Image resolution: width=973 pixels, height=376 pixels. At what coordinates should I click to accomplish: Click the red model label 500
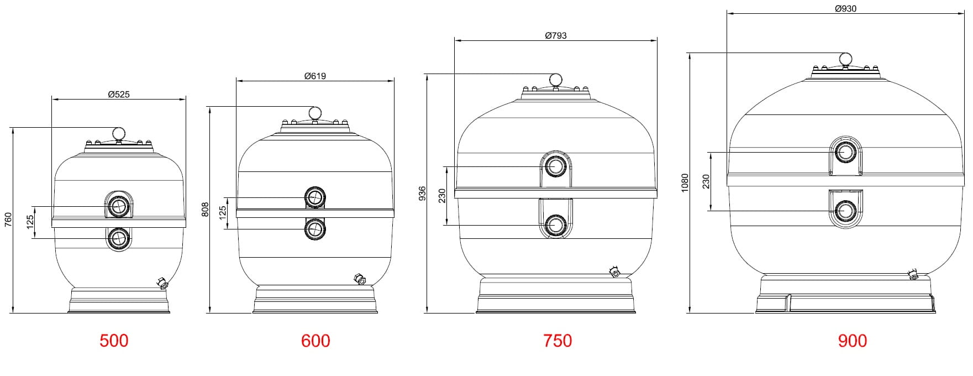114,341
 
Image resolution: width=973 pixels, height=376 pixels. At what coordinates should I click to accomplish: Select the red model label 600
315,341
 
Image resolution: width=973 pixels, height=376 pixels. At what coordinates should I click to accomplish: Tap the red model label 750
557,341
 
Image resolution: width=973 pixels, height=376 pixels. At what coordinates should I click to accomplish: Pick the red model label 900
853,341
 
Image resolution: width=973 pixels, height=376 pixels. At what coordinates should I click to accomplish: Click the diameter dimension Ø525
119,95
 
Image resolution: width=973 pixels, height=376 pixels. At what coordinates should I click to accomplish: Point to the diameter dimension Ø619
315,76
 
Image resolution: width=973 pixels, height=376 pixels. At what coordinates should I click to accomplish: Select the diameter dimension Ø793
556,36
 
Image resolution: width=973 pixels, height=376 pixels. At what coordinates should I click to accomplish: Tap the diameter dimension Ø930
846,9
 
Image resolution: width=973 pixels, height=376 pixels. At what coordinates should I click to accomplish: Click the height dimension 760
8,220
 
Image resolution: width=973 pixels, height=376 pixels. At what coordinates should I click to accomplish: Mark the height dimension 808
206,209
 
